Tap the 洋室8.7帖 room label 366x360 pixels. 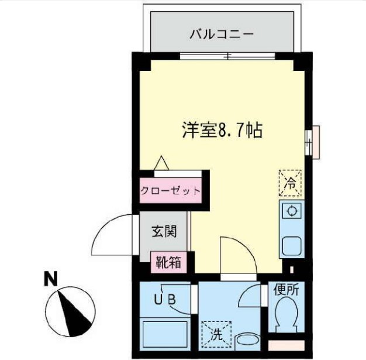click(221, 130)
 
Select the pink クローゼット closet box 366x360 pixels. click(170, 191)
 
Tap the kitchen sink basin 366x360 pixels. click(291, 245)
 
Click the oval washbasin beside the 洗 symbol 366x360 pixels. click(248, 341)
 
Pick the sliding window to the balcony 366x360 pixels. click(227, 56)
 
